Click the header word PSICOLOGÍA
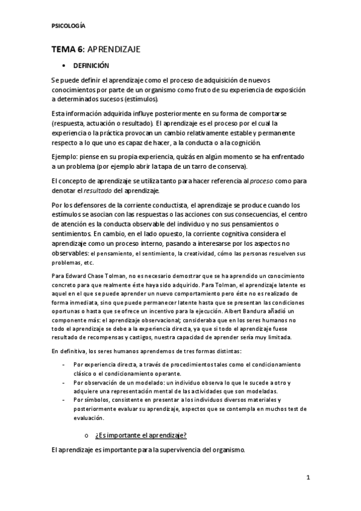(68, 26)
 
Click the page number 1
(307, 478)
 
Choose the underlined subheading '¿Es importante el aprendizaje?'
(140, 435)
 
